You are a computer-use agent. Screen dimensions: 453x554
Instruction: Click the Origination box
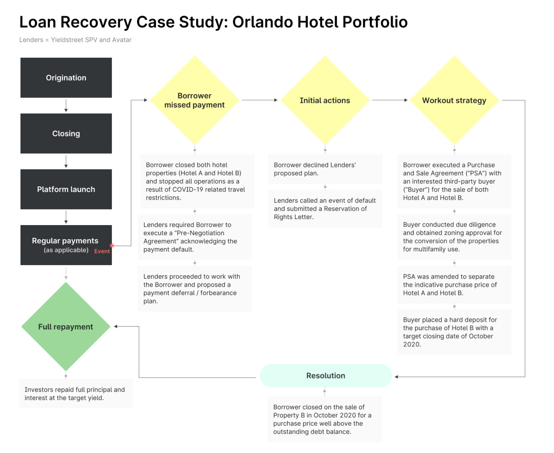click(66, 78)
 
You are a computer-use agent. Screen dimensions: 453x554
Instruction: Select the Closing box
click(66, 133)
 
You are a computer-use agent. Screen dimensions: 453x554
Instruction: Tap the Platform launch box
click(66, 189)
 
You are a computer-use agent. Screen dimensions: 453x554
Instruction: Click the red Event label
click(102, 251)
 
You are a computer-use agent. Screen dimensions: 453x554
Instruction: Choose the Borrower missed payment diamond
click(194, 100)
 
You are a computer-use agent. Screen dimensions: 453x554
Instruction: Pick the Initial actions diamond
click(325, 100)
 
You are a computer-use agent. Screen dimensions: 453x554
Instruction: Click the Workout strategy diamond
click(454, 100)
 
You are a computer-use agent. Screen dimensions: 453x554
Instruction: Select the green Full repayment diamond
click(66, 327)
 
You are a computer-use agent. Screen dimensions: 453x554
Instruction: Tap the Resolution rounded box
click(325, 376)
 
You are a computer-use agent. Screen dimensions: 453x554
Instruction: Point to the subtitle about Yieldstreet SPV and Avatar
click(75, 40)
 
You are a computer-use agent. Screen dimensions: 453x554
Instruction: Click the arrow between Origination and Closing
click(66, 106)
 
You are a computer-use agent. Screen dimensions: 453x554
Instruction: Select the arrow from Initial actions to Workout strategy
click(390, 100)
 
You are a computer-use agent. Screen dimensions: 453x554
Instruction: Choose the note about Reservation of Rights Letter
click(325, 209)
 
